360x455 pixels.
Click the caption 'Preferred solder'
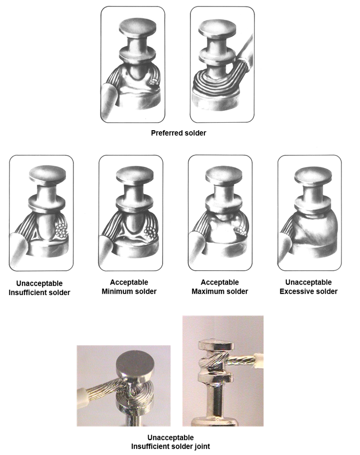coord(179,133)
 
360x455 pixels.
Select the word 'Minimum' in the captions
coord(115,292)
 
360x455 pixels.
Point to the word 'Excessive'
coord(294,292)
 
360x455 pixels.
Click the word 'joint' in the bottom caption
coord(202,446)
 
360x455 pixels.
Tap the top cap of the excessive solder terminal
coord(313,176)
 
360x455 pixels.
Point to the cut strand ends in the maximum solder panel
coord(241,230)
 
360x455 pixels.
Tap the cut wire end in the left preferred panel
coord(154,82)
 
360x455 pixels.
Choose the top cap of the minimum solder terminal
coord(135,176)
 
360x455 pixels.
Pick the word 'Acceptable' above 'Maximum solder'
coord(220,282)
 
